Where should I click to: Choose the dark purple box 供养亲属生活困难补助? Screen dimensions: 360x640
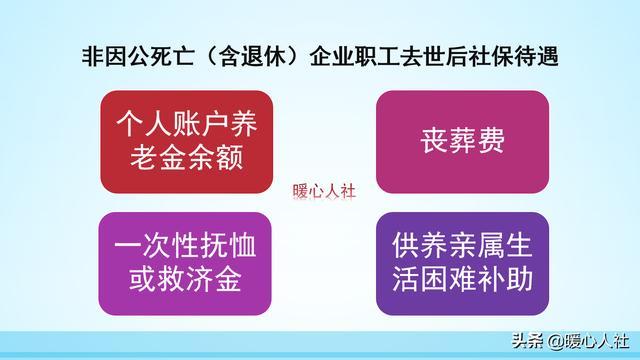(x=462, y=262)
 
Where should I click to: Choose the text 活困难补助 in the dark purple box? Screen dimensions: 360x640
(x=462, y=278)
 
